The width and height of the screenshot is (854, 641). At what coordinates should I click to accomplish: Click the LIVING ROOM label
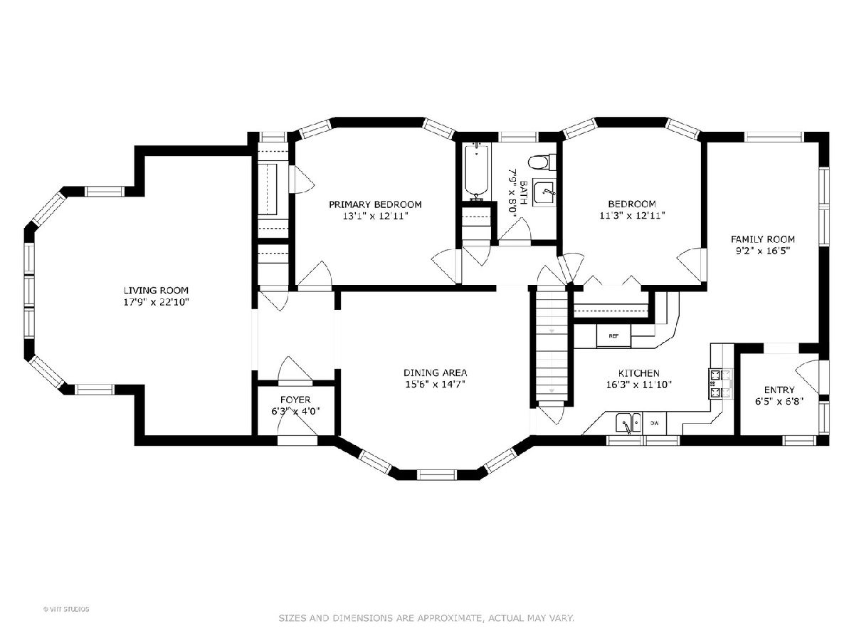pyautogui.click(x=156, y=291)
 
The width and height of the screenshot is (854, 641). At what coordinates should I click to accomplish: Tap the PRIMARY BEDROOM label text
pyautogui.click(x=375, y=204)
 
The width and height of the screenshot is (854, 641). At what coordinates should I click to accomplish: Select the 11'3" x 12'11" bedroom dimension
pyautogui.click(x=632, y=215)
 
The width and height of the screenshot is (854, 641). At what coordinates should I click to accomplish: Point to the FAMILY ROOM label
pyautogui.click(x=762, y=239)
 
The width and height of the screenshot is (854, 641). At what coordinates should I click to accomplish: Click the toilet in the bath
pyautogui.click(x=542, y=162)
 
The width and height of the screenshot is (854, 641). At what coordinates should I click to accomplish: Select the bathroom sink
pyautogui.click(x=544, y=192)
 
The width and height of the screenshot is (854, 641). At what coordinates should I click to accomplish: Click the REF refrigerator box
pyautogui.click(x=613, y=335)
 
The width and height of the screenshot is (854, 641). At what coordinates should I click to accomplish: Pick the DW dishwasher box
pyautogui.click(x=655, y=423)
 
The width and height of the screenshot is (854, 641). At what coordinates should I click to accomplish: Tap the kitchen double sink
pyautogui.click(x=628, y=423)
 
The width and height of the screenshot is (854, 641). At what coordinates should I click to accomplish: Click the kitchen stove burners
pyautogui.click(x=720, y=384)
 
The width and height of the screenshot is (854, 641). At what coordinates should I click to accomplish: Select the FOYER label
pyautogui.click(x=295, y=400)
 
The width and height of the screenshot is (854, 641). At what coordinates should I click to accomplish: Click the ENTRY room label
pyautogui.click(x=779, y=390)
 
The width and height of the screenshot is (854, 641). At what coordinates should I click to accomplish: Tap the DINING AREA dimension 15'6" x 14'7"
pyautogui.click(x=436, y=385)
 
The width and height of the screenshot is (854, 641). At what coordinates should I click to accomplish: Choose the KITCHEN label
pyautogui.click(x=639, y=373)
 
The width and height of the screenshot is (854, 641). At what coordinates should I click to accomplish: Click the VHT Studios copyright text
pyautogui.click(x=66, y=609)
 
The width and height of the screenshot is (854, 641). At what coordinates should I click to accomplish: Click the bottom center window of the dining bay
pyautogui.click(x=436, y=475)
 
